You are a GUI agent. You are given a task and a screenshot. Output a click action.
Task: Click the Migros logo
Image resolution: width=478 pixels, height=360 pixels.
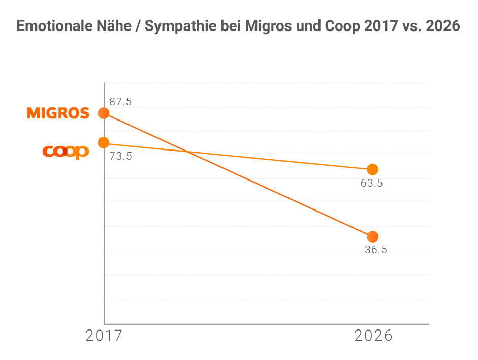point(58,113)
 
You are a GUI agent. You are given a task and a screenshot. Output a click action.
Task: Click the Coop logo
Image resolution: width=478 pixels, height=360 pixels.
point(66,152)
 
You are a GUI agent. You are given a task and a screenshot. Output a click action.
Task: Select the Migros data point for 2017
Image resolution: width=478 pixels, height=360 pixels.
point(104,113)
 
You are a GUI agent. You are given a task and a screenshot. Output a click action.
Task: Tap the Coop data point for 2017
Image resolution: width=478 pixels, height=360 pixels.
point(104,143)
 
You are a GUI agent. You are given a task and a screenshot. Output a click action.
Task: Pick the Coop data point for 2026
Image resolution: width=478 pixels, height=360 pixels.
point(372,169)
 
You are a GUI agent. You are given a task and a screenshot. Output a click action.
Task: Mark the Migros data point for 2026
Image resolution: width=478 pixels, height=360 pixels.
point(372,236)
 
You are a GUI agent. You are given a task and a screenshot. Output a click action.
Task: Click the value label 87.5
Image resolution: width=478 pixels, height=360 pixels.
point(120,102)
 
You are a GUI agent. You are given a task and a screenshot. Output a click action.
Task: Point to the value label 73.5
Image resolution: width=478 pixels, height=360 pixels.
point(120,156)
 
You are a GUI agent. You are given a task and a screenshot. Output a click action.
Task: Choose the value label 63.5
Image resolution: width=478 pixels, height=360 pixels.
point(372,183)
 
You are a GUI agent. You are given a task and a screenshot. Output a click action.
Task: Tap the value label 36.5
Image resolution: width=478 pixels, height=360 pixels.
point(376,250)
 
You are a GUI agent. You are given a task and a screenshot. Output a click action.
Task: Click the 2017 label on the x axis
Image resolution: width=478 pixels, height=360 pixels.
point(104,336)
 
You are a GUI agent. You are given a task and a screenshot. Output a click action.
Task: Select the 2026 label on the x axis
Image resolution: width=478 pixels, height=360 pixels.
point(373,336)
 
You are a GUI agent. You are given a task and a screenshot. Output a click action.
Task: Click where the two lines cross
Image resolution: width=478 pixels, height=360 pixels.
point(188,152)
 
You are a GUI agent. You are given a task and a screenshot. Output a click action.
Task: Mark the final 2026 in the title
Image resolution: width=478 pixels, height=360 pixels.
point(443,26)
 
